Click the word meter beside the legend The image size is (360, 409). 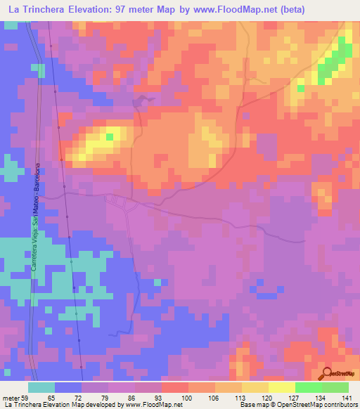(11, 398)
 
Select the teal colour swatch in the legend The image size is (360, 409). (41, 387)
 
